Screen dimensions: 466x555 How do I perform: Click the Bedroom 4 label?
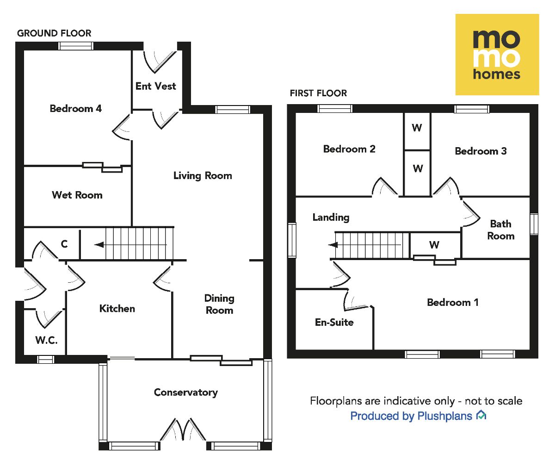(x=76, y=109)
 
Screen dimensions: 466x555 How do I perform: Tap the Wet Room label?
(x=77, y=195)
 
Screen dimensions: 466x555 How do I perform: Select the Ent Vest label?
(x=156, y=86)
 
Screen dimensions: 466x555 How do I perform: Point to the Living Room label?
(x=203, y=176)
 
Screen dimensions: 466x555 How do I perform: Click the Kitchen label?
(x=117, y=309)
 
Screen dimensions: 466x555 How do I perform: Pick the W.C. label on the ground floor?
(x=46, y=341)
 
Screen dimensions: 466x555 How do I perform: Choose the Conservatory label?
(x=186, y=392)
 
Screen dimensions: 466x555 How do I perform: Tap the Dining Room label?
(x=220, y=304)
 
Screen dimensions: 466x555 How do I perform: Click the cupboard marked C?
(x=64, y=243)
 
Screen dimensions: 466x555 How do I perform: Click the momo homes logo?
(x=497, y=55)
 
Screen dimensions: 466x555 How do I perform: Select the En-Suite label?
(x=334, y=323)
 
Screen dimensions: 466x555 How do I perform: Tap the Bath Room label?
(x=501, y=230)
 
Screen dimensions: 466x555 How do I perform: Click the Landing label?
(x=331, y=217)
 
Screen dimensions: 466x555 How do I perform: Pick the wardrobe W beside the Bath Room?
(x=434, y=245)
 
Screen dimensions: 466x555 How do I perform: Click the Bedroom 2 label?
(x=349, y=149)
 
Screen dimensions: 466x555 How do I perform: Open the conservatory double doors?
(x=184, y=431)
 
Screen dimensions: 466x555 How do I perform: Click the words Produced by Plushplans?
(x=412, y=416)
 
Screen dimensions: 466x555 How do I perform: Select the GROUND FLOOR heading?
(x=54, y=33)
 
